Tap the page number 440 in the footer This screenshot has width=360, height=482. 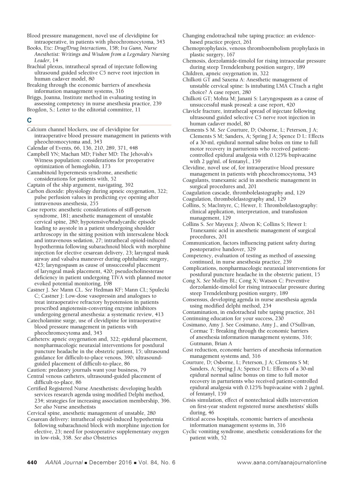[32, 462]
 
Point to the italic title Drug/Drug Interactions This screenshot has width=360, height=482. [85, 48]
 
